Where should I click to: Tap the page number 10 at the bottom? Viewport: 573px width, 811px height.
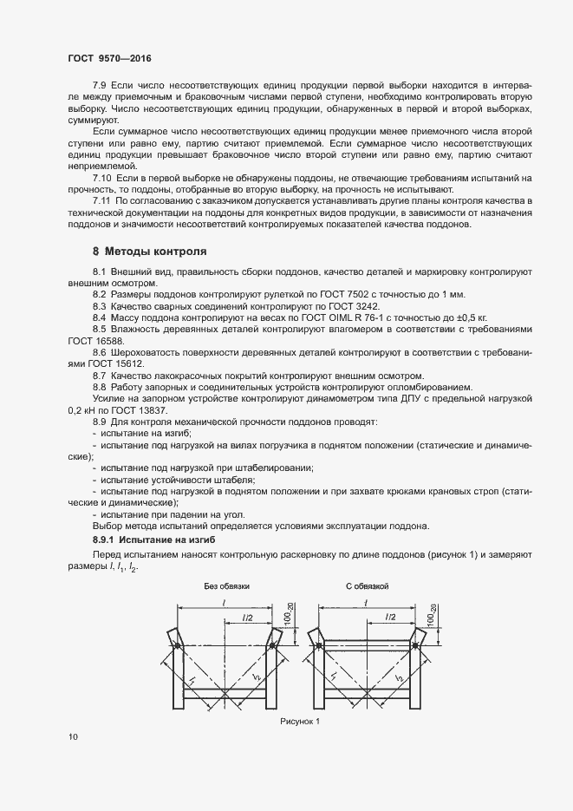pyautogui.click(x=73, y=737)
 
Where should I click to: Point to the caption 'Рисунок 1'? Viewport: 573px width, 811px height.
pyautogui.click(x=300, y=721)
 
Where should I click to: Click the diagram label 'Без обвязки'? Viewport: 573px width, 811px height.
pyautogui.click(x=227, y=586)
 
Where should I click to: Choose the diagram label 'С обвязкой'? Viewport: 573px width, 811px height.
pyautogui.click(x=367, y=586)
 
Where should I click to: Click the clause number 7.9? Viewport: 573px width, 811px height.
pyautogui.click(x=100, y=87)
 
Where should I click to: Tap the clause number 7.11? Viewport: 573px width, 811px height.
pyautogui.click(x=102, y=201)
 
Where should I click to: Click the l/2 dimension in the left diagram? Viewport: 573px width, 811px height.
pyautogui.click(x=247, y=616)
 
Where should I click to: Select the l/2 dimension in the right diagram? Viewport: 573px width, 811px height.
pyautogui.click(x=387, y=616)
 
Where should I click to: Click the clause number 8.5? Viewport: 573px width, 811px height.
pyautogui.click(x=100, y=330)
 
